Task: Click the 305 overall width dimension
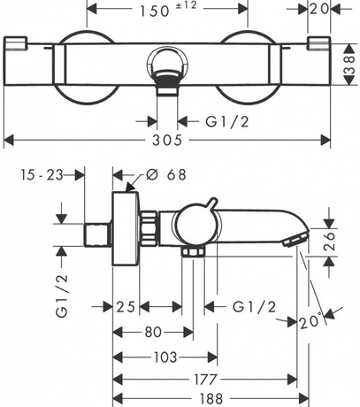click(167, 140)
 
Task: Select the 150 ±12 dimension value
click(168, 10)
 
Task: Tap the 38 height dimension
click(349, 65)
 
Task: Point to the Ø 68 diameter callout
click(166, 174)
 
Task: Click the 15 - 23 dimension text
click(42, 175)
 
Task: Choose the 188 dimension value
click(211, 399)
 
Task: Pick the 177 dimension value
click(205, 380)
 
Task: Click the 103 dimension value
click(165, 357)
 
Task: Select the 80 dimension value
click(153, 333)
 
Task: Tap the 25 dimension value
click(126, 307)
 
